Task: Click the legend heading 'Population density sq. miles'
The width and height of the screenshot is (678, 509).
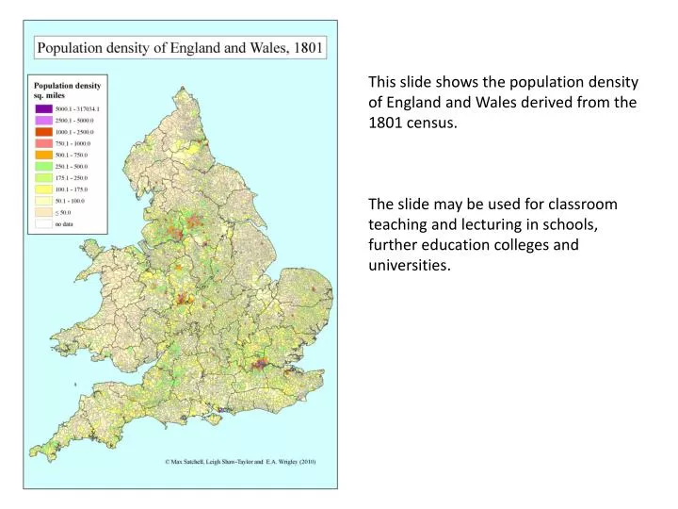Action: click(x=68, y=90)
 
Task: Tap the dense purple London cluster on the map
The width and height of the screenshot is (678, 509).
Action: click(x=260, y=363)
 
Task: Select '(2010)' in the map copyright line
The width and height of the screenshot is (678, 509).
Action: click(x=308, y=462)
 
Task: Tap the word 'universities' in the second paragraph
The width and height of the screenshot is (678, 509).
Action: click(x=410, y=265)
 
